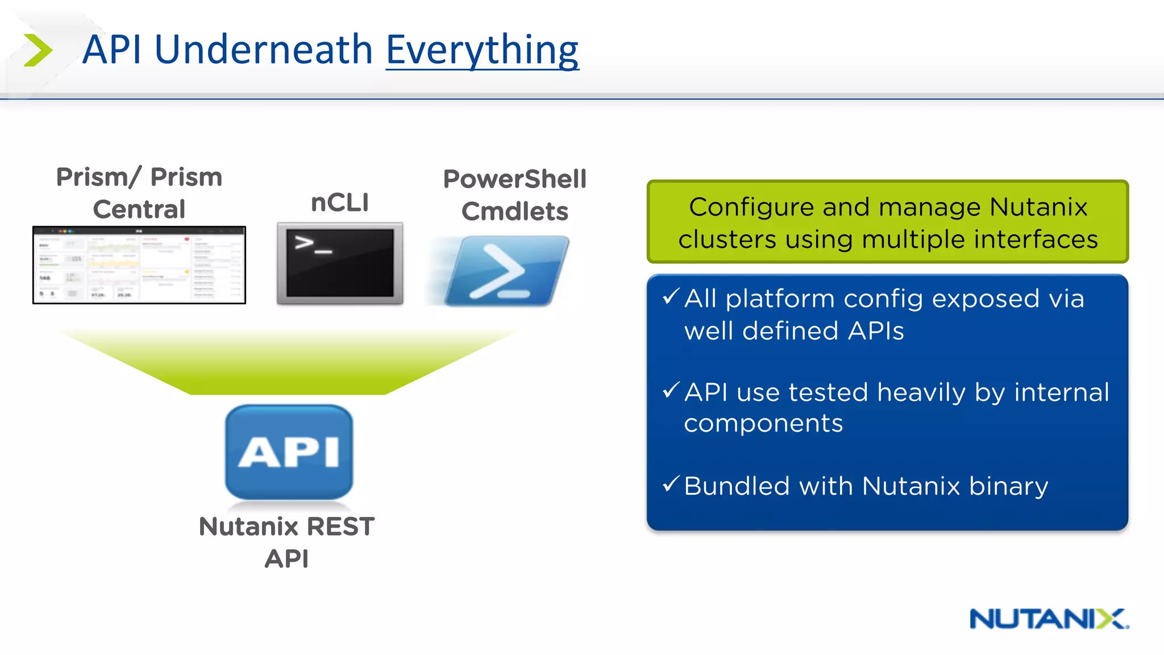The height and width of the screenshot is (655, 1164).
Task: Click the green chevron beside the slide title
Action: point(38,50)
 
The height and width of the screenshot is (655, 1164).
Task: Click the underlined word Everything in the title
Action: point(482,50)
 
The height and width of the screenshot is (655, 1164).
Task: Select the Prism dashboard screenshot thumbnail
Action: point(139,265)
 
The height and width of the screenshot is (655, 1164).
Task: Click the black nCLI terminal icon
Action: point(340,263)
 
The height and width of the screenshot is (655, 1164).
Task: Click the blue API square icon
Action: point(289,452)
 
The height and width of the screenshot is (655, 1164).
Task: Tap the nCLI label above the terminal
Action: point(340,202)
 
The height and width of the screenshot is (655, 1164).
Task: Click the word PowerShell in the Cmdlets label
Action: point(514,179)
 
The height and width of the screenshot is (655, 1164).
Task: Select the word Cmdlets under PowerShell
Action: point(514,212)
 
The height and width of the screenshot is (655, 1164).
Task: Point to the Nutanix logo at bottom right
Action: point(1049,619)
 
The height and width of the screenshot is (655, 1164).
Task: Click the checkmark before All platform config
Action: point(671,296)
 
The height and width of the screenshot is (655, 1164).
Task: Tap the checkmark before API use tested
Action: point(671,390)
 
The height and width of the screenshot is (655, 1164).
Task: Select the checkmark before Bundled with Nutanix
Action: point(671,484)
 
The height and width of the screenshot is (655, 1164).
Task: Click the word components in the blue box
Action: point(763,424)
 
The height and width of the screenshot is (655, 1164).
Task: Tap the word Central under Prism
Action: point(139,209)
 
